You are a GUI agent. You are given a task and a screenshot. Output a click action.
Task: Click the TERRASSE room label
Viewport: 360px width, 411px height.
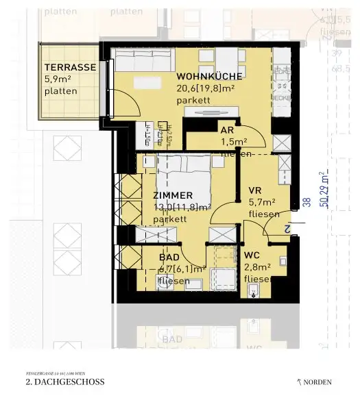[x=70, y=67]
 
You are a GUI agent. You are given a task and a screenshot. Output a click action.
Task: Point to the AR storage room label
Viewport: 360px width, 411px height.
[x=228, y=130]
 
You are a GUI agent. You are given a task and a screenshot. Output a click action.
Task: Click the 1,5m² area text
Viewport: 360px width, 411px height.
[x=234, y=142]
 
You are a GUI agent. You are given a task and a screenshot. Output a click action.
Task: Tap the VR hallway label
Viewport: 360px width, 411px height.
[x=255, y=190]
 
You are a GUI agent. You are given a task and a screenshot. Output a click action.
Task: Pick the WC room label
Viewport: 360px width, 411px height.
[x=252, y=255]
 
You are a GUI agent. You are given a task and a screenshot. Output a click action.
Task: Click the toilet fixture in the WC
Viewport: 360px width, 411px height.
[x=255, y=293]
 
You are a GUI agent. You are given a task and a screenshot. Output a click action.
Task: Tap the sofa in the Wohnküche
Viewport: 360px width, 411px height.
[x=144, y=62]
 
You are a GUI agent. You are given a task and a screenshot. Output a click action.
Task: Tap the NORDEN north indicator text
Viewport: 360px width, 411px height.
[x=317, y=382]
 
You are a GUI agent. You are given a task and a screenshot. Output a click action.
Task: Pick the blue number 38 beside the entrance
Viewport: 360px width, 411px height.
[x=307, y=202]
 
